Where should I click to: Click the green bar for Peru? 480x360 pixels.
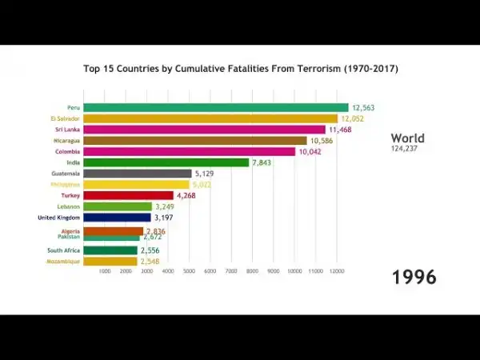pos(216,107)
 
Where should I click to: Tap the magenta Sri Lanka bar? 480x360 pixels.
pos(204,130)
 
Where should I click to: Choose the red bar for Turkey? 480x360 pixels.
pos(128,195)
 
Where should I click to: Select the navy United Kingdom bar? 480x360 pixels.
pos(117,217)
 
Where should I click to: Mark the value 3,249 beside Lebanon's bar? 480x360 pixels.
pos(167,206)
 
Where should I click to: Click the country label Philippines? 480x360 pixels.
pos(64,184)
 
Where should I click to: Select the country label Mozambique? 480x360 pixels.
pos(63,261)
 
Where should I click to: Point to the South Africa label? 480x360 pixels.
pos(63,250)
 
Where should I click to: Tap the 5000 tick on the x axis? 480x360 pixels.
pos(189,272)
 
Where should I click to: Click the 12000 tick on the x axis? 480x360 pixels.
pos(337,272)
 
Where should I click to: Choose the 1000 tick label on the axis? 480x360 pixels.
pos(104,272)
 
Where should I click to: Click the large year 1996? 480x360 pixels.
pos(414,278)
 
